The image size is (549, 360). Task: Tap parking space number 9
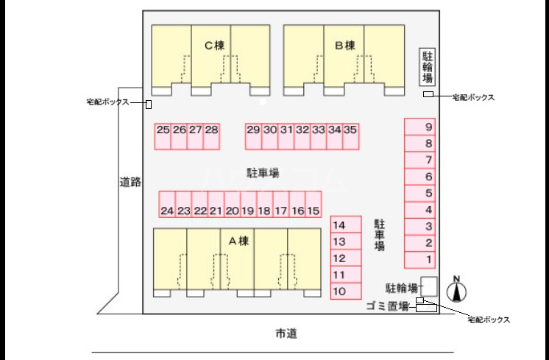click(x=428, y=127)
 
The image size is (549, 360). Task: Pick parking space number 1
click(x=428, y=260)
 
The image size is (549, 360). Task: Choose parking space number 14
click(x=339, y=225)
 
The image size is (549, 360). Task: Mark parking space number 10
click(x=339, y=292)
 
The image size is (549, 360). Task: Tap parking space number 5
click(x=428, y=194)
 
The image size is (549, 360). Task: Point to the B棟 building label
click(x=344, y=46)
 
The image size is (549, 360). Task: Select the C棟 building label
click(x=214, y=46)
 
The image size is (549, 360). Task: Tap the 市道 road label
click(x=286, y=334)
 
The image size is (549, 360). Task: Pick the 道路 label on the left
click(x=130, y=181)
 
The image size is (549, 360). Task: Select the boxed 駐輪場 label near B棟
click(x=427, y=66)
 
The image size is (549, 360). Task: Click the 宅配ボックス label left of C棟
click(x=107, y=102)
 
